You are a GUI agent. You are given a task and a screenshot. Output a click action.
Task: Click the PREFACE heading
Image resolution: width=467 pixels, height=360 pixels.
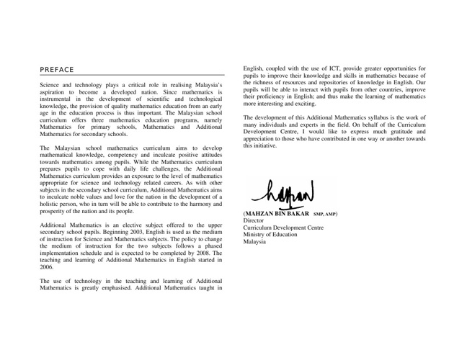[57, 69]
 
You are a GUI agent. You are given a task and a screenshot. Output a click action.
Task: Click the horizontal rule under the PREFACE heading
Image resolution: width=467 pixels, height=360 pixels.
[132, 75]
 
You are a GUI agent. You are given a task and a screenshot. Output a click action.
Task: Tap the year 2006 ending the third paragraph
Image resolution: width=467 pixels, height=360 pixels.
[47, 266]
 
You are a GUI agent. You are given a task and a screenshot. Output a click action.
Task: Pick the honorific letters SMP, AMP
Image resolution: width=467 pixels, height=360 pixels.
[329, 215]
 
